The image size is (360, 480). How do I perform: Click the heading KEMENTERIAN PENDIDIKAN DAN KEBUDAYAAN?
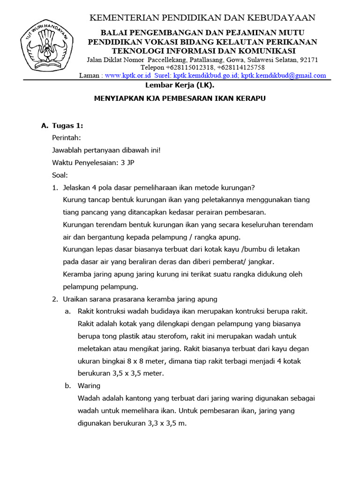[202, 18]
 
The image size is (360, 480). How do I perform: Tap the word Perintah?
[66, 138]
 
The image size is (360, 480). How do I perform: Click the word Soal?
[60, 175]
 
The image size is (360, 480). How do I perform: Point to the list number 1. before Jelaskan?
[55, 187]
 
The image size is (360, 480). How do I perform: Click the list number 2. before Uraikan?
[55, 299]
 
